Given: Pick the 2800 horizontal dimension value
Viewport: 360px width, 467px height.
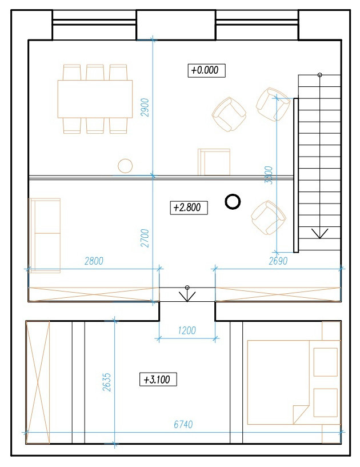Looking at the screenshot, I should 94,261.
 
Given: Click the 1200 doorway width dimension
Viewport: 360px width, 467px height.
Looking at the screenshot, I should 187,330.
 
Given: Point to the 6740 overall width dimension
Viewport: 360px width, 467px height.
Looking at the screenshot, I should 185,425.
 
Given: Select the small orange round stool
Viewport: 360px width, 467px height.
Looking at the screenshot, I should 125,166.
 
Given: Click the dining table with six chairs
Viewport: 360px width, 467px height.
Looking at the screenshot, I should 95,99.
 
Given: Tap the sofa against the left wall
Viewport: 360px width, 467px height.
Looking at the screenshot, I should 45,235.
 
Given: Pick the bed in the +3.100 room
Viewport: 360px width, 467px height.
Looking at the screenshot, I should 291,382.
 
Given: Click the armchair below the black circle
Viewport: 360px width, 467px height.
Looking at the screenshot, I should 267,218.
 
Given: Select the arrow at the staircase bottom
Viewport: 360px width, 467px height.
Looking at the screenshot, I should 319,233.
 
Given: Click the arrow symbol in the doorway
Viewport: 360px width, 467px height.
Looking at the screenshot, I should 187,294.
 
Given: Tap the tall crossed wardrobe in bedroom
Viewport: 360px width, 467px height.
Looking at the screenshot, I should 38,382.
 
